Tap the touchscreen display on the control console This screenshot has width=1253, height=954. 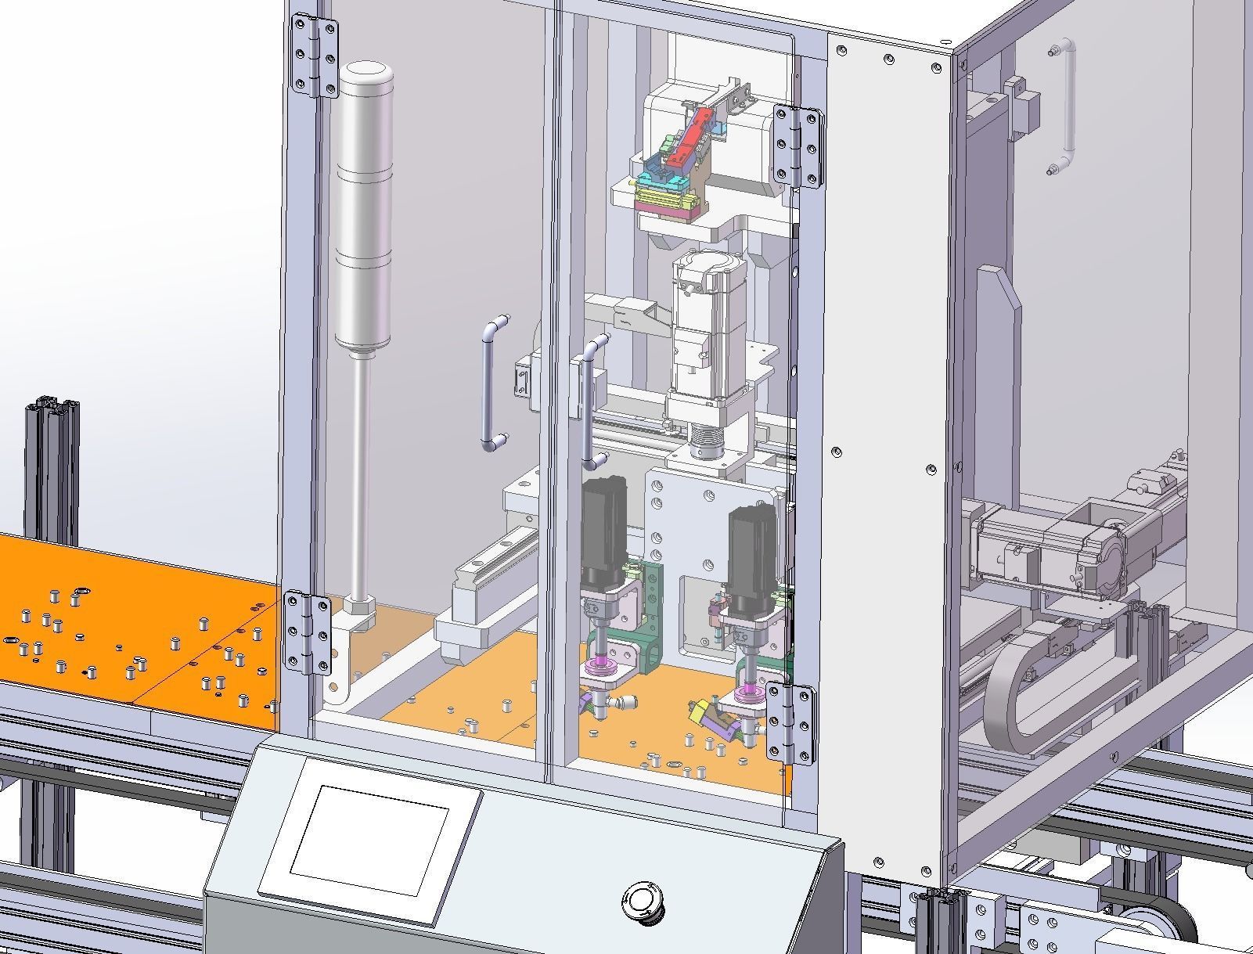pyautogui.click(x=369, y=841)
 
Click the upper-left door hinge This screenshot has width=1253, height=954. pyautogui.click(x=315, y=56)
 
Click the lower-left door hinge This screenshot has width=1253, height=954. pyautogui.click(x=307, y=632)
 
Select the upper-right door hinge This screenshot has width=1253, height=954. pyautogui.click(x=798, y=146)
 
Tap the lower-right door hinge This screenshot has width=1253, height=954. pyautogui.click(x=790, y=722)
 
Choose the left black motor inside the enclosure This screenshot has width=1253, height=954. pyautogui.click(x=603, y=532)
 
